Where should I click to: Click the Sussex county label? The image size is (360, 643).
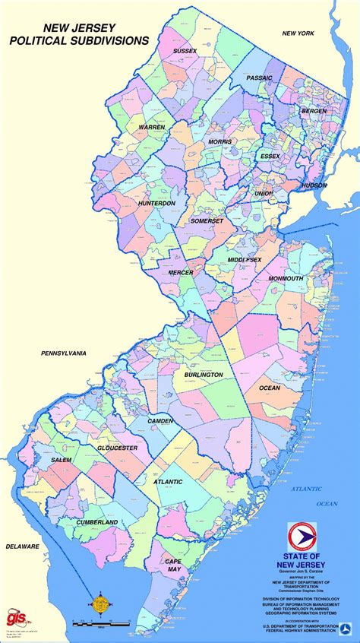[185, 51]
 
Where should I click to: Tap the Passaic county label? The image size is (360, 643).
[259, 78]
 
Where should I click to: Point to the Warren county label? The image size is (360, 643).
[151, 127]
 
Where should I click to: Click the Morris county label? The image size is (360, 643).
[220, 142]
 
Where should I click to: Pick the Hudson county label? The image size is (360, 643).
[313, 185]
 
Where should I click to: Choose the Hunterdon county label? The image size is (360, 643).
[156, 204]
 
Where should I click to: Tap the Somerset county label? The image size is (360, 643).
[207, 220]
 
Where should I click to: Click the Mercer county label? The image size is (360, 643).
[180, 272]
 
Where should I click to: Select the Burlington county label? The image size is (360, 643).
[203, 375]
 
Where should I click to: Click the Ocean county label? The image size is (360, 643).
[270, 388]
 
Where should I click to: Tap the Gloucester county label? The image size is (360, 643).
[117, 448]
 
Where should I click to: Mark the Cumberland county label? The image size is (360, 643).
[96, 523]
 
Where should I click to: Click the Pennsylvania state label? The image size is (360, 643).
[64, 353]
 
